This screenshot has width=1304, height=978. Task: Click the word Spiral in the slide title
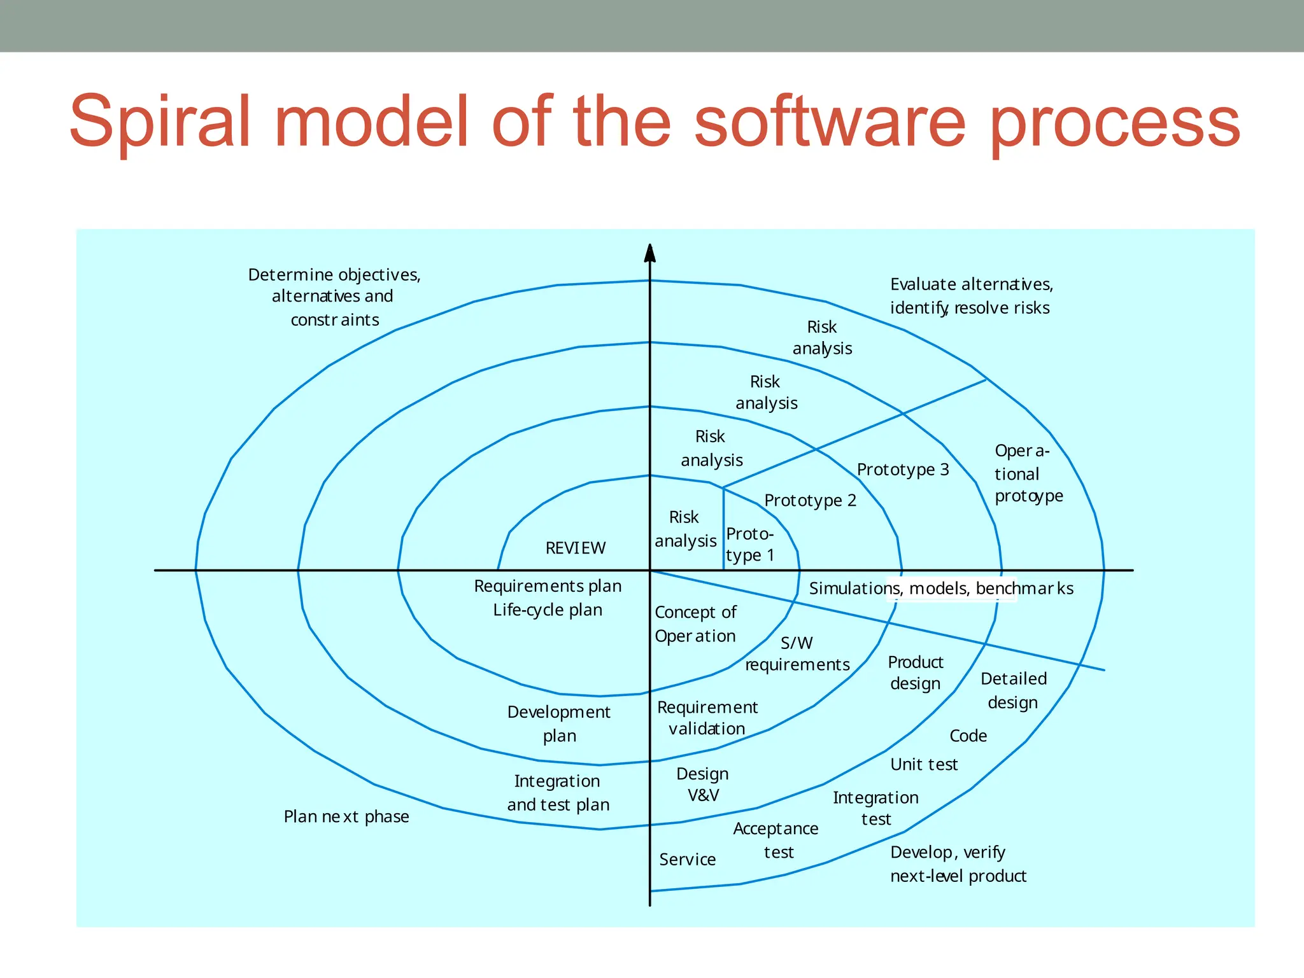pos(159,122)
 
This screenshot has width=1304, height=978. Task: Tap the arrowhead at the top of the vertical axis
pos(649,253)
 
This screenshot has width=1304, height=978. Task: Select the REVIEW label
pos(576,548)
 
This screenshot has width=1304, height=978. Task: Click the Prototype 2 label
pos(810,501)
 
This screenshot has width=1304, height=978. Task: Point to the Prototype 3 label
pos(902,470)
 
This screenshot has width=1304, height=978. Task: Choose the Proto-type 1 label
pos(750,545)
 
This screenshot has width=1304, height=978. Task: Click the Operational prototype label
pos(1027,473)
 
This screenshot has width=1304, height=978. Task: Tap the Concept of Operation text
pos(695,624)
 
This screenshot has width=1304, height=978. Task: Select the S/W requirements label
pos(797,654)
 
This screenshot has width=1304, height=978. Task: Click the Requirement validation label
pos(707,718)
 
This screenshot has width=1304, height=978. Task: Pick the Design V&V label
pos(702,785)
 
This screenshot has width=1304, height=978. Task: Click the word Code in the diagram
pos(968,736)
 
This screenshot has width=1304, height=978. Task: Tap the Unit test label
pos(923,764)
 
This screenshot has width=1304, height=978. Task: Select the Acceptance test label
pos(776,840)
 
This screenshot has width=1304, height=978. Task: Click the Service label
pos(687,860)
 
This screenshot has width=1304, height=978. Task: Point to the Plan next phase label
pos(346,816)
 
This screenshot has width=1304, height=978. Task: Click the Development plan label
pos(558,723)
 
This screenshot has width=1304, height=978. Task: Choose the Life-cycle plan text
pos(548,610)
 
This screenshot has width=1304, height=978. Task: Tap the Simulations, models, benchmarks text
pos(940,589)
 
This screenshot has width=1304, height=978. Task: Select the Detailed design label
pos(1013,690)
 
